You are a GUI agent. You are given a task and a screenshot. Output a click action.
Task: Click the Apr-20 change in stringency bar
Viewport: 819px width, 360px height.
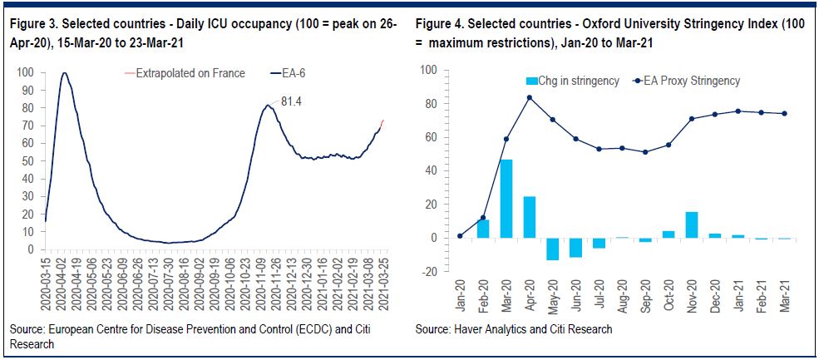click(x=530, y=217)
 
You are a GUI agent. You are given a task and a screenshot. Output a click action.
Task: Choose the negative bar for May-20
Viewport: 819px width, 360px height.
click(x=552, y=249)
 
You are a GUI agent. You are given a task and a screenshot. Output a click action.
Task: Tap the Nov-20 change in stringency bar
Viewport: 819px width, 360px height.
click(x=690, y=224)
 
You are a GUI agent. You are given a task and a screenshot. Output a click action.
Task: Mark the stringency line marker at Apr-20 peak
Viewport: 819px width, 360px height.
click(x=530, y=97)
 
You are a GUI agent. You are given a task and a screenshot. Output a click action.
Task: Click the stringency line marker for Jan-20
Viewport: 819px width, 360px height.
click(x=460, y=236)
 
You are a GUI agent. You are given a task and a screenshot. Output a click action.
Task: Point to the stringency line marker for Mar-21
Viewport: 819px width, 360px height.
click(x=782, y=114)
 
